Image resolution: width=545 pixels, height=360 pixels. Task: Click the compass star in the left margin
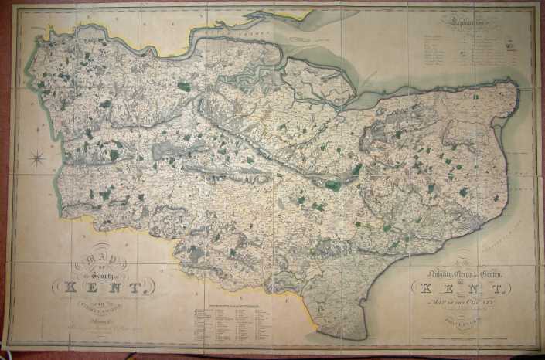tap(36, 158)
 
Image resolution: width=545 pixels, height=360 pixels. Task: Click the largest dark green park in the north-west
tap(183, 87)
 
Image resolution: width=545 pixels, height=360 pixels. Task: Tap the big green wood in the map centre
tap(333, 185)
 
